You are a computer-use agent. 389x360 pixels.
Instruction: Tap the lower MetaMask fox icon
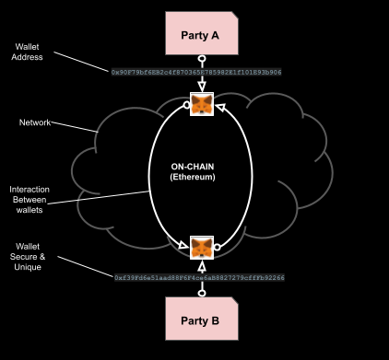[x=202, y=248]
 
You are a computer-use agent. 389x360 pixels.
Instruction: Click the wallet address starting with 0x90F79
[x=196, y=71]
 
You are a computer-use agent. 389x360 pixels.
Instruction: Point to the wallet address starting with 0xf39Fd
[x=199, y=277]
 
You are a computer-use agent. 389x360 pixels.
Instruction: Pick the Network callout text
[x=35, y=122]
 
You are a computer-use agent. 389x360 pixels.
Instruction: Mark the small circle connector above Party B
[x=201, y=294]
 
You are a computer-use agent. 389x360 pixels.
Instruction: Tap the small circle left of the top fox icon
[x=186, y=105]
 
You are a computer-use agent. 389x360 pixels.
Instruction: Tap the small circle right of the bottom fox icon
[x=218, y=247]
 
